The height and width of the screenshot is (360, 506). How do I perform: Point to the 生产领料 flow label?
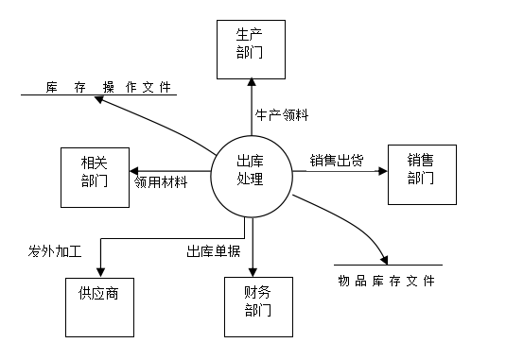(282, 115)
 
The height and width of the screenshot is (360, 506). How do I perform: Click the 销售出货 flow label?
(337, 161)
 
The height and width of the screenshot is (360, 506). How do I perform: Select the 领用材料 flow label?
(161, 182)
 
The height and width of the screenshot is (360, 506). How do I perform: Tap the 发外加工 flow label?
(55, 251)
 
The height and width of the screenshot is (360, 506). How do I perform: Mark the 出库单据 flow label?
(214, 251)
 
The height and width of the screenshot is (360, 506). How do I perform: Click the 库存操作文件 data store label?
(108, 87)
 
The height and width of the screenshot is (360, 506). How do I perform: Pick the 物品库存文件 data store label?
(387, 281)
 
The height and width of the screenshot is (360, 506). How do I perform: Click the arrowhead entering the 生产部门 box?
(252, 82)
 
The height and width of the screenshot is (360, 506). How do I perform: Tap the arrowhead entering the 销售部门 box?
(383, 171)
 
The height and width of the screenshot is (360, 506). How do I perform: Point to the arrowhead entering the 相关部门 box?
(134, 171)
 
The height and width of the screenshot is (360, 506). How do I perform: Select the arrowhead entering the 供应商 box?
(100, 273)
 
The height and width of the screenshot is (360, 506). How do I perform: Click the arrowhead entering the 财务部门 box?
(253, 272)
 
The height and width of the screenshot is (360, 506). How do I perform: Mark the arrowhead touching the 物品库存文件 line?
(384, 261)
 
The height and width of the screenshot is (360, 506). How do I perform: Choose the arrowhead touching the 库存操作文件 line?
(98, 99)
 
